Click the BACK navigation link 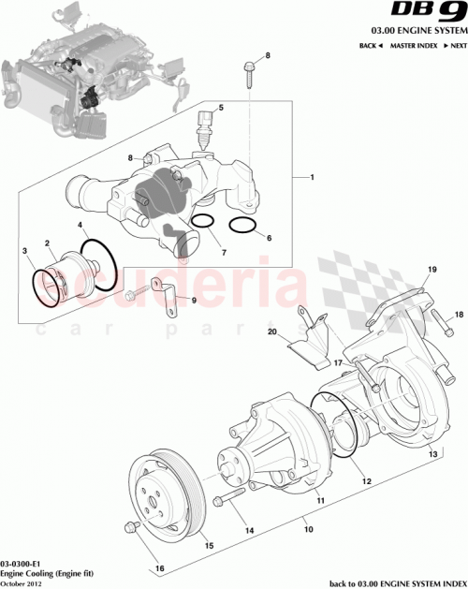[x=371, y=45]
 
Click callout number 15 [x=208, y=546]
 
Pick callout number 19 [x=431, y=270]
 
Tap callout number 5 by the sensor [x=221, y=109]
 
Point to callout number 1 [x=312, y=178]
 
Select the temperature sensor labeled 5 [x=204, y=129]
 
